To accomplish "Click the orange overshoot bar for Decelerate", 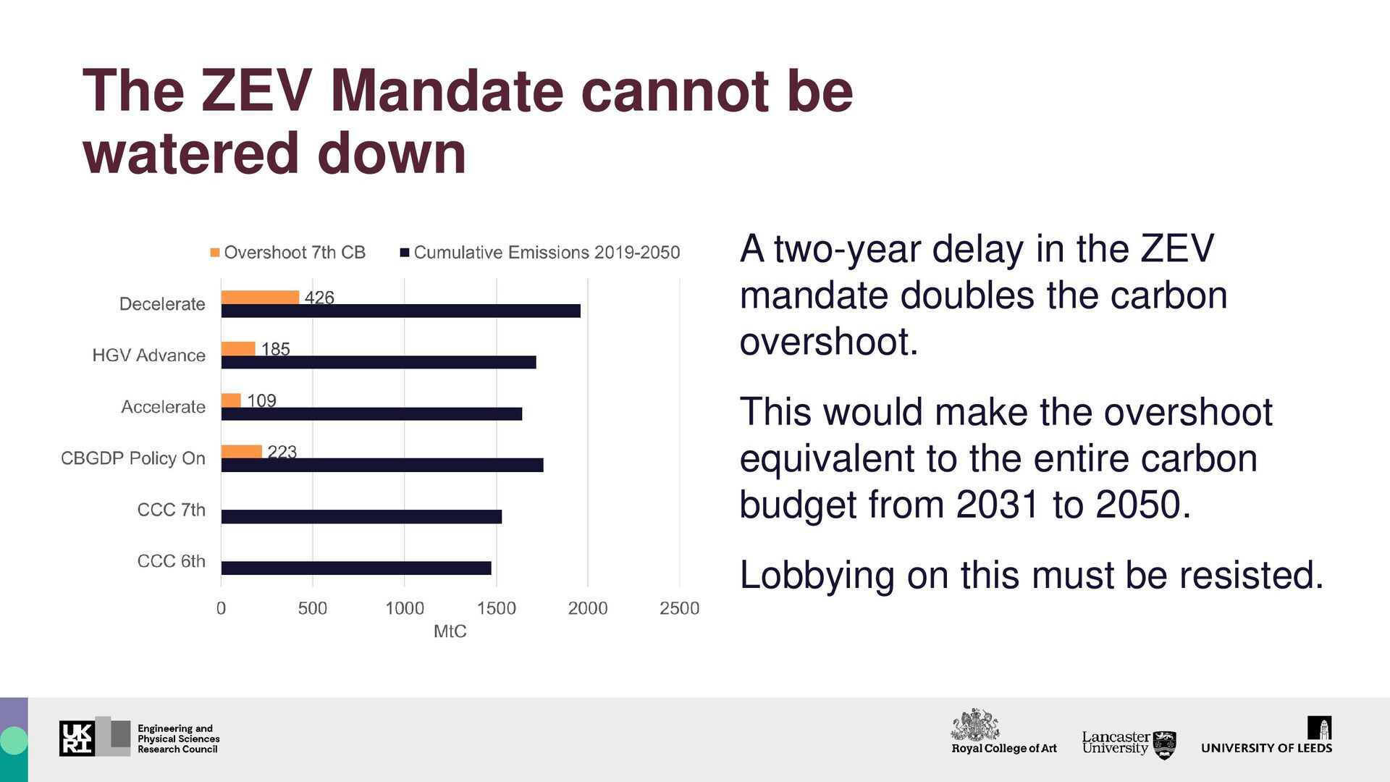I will [260, 297].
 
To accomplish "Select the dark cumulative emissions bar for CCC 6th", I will [356, 568].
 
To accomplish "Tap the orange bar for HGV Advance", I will [238, 348].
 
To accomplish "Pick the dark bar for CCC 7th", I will [361, 517].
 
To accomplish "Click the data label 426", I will [319, 298].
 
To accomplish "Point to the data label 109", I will [261, 400].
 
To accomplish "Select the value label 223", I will [282, 452].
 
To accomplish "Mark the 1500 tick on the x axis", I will [496, 608].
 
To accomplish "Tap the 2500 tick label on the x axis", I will [679, 608].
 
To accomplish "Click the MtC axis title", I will [450, 631].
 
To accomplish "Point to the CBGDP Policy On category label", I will [133, 458].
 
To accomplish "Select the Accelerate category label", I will [163, 407].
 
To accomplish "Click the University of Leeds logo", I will [1266, 737].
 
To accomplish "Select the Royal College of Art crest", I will [975, 724].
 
